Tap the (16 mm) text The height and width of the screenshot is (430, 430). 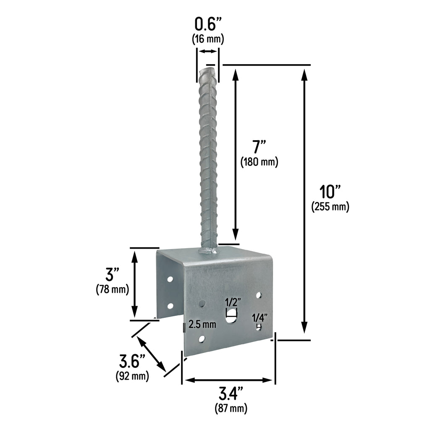click(x=208, y=39)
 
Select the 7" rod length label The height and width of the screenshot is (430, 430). click(x=259, y=147)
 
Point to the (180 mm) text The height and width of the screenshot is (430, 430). click(x=259, y=162)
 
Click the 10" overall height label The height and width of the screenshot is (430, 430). click(x=330, y=192)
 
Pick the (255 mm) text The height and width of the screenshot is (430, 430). click(x=330, y=207)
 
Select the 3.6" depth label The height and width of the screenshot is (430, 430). click(x=132, y=361)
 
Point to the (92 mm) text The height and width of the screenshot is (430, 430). click(x=132, y=376)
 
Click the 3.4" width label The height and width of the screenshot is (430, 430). click(x=231, y=393)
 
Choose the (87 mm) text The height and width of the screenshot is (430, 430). click(x=231, y=408)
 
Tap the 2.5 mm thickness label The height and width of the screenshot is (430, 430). click(x=202, y=324)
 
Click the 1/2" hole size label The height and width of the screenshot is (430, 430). click(x=232, y=302)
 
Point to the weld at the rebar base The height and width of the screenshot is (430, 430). click(x=209, y=252)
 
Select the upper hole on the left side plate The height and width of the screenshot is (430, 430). click(x=170, y=279)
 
